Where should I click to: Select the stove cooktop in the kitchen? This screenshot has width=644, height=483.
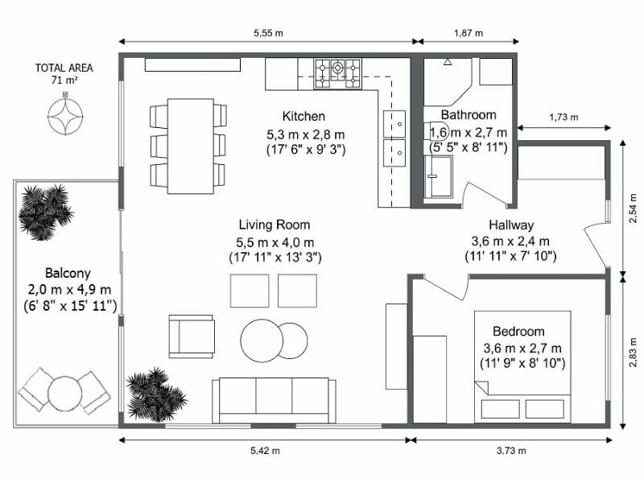click(338, 72)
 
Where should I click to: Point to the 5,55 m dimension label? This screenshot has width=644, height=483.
click(267, 33)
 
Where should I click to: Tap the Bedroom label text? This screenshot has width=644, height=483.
click(518, 331)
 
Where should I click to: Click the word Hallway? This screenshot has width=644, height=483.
click(510, 225)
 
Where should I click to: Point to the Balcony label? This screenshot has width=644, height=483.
click(68, 273)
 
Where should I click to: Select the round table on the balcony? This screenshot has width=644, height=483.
click(64, 392)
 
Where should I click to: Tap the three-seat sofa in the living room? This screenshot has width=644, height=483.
click(275, 399)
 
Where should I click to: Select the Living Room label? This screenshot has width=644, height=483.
click(274, 225)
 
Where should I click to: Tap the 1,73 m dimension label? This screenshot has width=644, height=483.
click(563, 117)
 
